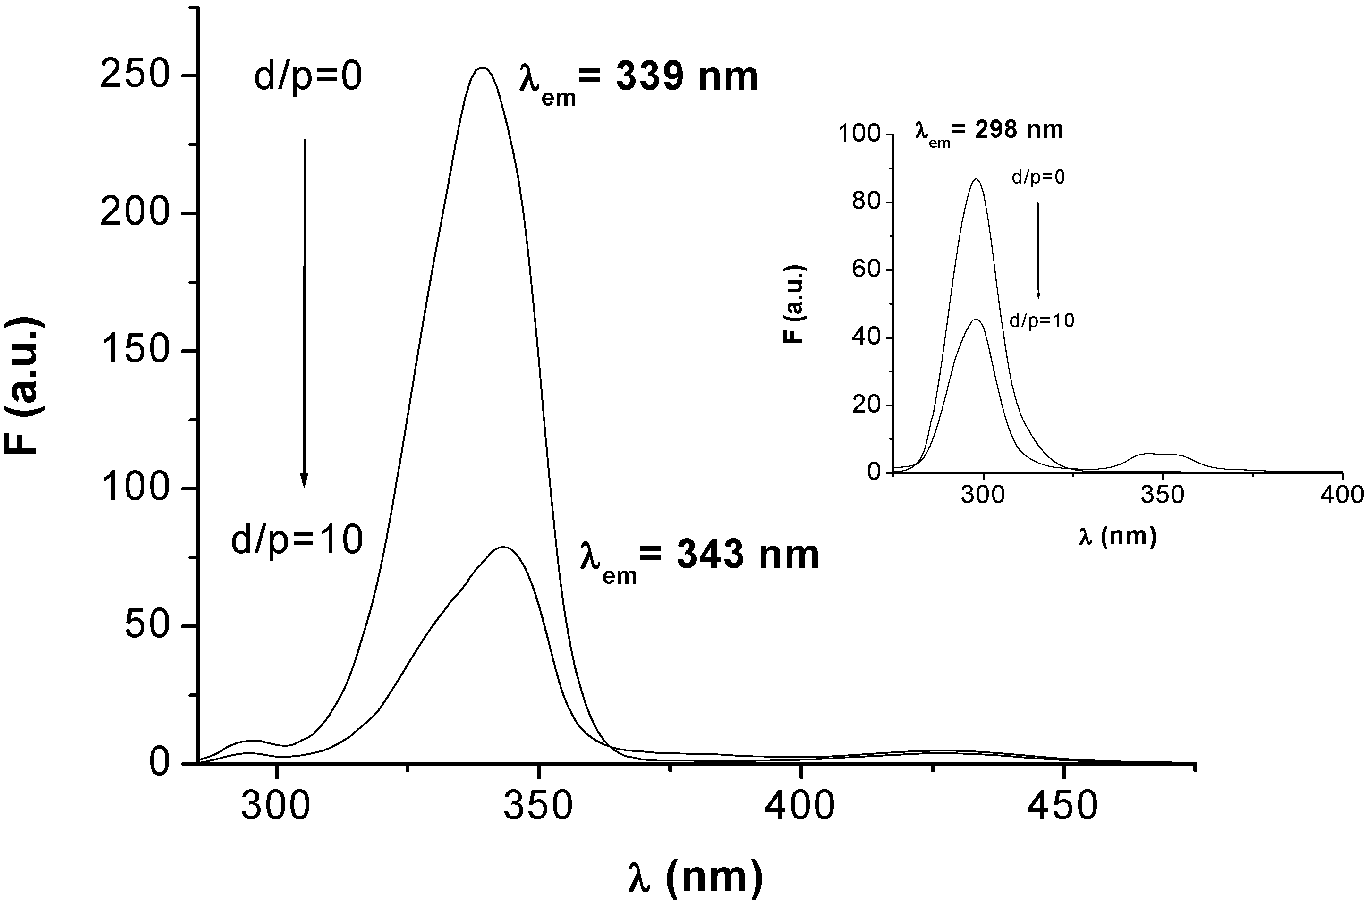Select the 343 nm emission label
(x=699, y=558)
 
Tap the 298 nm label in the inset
(x=989, y=132)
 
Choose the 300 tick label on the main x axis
(x=276, y=807)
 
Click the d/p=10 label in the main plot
(x=297, y=540)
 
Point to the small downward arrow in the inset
(x=1038, y=250)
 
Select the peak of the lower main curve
(x=503, y=547)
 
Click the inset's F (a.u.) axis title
(x=794, y=304)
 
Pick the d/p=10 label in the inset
(x=1042, y=320)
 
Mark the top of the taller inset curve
(x=976, y=179)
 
